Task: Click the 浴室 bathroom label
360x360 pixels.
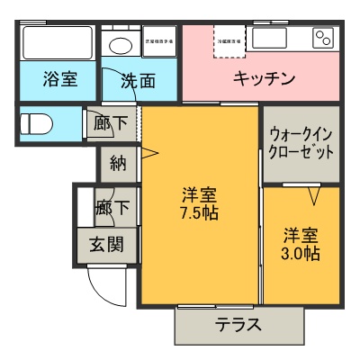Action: pos(60,79)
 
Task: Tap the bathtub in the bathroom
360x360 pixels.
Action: pos(57,42)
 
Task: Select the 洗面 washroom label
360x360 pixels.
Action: pos(138,80)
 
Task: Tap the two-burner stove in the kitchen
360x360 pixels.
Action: pos(322,38)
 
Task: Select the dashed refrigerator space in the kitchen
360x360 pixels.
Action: pos(229,40)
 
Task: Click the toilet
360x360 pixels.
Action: pos(37,123)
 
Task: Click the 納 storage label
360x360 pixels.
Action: pos(117,163)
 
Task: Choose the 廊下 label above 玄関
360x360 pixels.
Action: pos(112,208)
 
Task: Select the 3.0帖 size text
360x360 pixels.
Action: pos(301,253)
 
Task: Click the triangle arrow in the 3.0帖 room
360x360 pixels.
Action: pos(315,194)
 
